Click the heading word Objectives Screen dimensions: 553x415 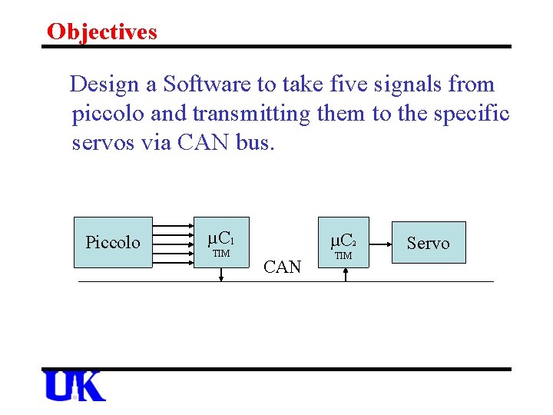click(101, 32)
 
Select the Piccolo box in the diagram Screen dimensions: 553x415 click(113, 242)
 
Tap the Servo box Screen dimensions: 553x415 click(428, 243)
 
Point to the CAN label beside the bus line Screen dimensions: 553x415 click(282, 267)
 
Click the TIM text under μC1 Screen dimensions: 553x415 click(220, 254)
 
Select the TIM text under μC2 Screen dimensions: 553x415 click(344, 255)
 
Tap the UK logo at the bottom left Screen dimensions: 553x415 click(75, 386)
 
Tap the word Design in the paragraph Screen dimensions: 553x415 click(106, 85)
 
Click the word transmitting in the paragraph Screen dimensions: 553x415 click(251, 115)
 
